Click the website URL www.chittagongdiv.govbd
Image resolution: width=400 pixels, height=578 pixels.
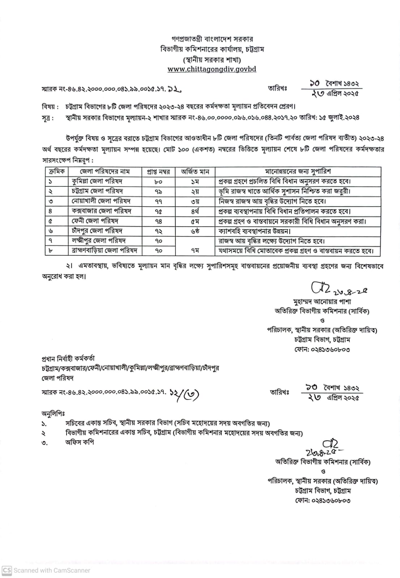coord(212,69)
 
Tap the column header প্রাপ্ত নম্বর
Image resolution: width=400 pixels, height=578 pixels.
coord(158,172)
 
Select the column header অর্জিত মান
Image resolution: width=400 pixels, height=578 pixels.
coord(195,172)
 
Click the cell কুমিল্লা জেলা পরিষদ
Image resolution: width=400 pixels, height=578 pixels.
coord(97,181)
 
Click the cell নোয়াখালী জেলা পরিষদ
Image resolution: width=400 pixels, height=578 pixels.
coord(101,201)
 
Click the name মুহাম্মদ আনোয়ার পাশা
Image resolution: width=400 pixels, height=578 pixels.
coord(322,302)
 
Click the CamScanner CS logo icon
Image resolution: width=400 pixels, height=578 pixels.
coord(7,570)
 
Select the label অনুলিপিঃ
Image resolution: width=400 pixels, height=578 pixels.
coord(53,414)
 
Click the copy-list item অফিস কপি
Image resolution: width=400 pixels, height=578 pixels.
coord(80,442)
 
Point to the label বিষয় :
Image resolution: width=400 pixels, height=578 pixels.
coord(50,107)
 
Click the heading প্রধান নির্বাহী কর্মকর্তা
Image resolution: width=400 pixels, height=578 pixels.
coord(68,359)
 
